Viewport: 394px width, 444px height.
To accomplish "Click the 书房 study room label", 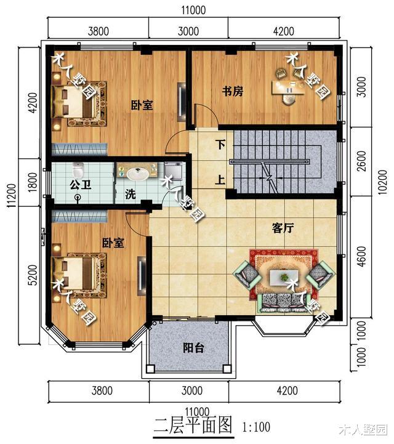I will pos(233,92).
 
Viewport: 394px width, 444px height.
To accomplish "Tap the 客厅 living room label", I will pos(283,228).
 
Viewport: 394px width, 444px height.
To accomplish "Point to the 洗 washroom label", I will pos(131,194).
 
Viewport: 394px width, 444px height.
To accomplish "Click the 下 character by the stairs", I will pos(220,146).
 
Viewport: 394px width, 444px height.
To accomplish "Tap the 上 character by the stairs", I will pos(220,180).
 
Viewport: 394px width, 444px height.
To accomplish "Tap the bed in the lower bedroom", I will pos(74,271).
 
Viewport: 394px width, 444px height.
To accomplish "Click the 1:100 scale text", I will pos(259,426).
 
